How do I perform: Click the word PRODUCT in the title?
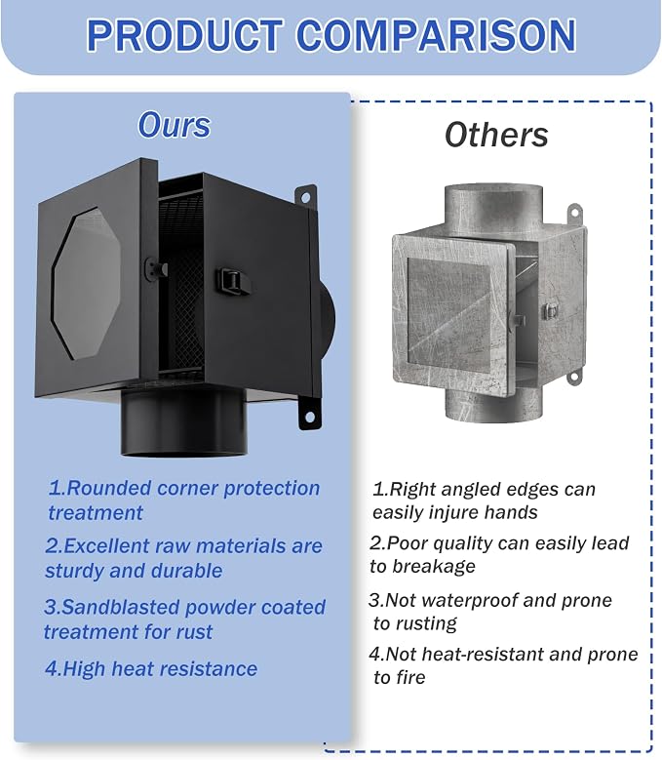click(185, 35)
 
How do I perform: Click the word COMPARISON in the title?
click(436, 35)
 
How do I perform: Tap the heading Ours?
click(175, 125)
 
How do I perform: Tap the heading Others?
click(496, 135)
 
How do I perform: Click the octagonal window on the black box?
click(86, 284)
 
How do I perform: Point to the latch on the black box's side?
click(233, 281)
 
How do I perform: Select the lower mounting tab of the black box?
click(309, 412)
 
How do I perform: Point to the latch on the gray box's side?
click(549, 310)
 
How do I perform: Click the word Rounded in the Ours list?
click(109, 488)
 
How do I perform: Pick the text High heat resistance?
click(151, 669)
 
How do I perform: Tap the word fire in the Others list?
click(412, 677)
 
